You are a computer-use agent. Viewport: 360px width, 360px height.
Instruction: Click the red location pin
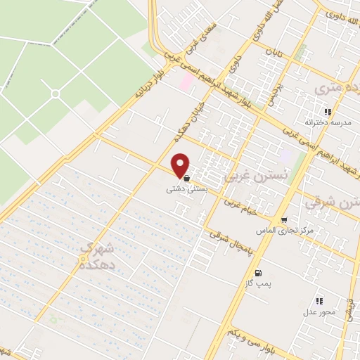[x=181, y=165]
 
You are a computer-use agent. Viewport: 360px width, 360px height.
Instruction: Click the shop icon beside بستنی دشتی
[x=186, y=179]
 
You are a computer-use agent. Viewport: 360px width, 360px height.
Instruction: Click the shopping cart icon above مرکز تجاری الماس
[x=283, y=220]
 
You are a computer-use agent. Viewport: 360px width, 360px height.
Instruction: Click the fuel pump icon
[x=258, y=272]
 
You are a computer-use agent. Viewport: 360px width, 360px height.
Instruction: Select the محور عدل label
[x=320, y=311]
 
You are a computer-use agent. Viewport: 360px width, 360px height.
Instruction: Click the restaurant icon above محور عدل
[x=320, y=301]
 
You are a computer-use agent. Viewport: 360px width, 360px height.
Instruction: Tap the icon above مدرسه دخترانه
[x=328, y=112]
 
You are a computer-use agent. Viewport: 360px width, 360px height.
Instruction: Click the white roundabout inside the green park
[x=55, y=94]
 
